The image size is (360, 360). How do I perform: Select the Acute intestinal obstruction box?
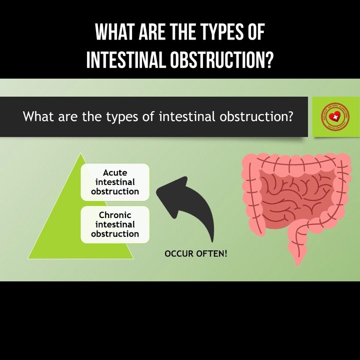(x=115, y=182)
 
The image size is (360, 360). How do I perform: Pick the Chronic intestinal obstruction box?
(x=115, y=224)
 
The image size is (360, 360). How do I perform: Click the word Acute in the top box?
(x=115, y=173)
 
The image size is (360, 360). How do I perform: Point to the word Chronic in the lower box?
(x=115, y=215)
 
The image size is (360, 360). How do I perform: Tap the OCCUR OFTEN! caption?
(x=195, y=254)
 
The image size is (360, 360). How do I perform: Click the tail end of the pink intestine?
(x=298, y=260)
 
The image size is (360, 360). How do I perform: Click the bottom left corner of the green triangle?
(x=29, y=258)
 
